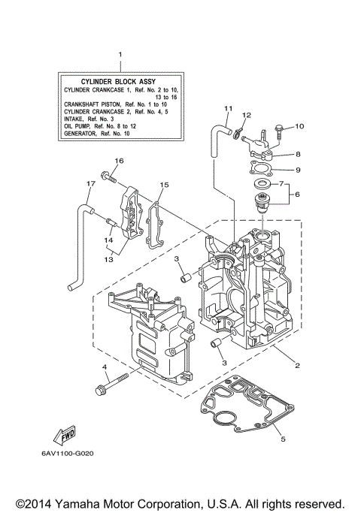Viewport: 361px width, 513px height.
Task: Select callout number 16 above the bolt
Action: click(118, 161)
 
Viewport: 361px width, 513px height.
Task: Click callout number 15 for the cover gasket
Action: click(164, 184)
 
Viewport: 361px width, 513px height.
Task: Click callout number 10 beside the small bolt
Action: click(299, 126)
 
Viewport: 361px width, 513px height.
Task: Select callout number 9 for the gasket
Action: click(298, 170)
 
